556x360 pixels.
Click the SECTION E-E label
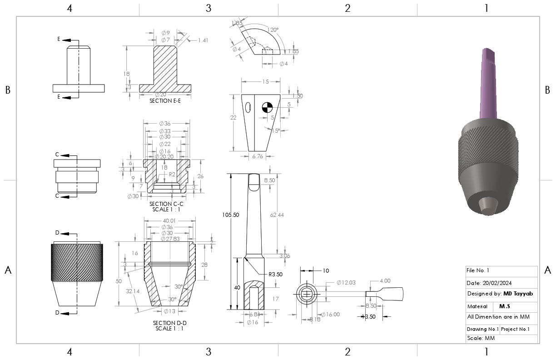pos(165,101)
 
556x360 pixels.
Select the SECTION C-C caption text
pos(166,204)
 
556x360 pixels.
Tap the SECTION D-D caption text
pos(170,323)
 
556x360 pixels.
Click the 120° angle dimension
pos(273,30)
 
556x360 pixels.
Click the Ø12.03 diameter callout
pos(345,283)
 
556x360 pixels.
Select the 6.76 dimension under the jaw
pos(257,156)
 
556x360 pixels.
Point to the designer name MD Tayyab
pos(518,294)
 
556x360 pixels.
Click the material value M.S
pos(505,306)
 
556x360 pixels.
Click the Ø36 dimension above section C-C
pos(164,124)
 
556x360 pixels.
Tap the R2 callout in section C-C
pos(172,174)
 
